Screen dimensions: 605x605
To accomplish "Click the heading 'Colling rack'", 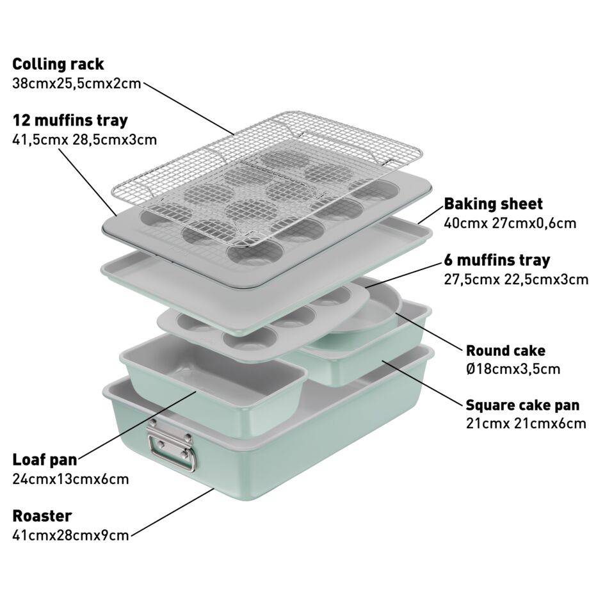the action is tap(58, 64).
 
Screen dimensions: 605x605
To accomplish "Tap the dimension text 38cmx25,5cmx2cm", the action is tap(77, 84).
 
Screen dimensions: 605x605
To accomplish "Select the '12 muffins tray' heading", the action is tap(70, 120).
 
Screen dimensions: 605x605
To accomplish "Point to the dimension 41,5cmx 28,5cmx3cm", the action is tap(85, 140).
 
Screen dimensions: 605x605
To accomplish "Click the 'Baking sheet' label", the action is tap(493, 204).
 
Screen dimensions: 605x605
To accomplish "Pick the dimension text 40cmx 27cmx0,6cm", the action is tap(510, 223).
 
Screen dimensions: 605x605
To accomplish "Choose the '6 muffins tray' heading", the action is tap(497, 260).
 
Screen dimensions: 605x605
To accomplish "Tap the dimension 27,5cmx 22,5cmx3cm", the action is tap(516, 279).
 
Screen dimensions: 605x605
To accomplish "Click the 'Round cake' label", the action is tap(506, 351).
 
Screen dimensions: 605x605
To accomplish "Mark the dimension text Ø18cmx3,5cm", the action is tap(513, 369).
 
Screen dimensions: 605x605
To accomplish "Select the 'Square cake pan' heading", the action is tap(523, 405).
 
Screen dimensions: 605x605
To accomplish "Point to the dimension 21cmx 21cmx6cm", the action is tap(526, 424).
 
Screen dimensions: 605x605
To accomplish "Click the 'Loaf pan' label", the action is tap(45, 460).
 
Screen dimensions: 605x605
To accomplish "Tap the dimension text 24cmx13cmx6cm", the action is tap(70, 480).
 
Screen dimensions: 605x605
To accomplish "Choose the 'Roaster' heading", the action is tap(42, 516).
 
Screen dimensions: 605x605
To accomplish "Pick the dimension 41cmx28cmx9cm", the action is tap(70, 536).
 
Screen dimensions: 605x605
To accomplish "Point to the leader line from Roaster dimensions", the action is tap(172, 512).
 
